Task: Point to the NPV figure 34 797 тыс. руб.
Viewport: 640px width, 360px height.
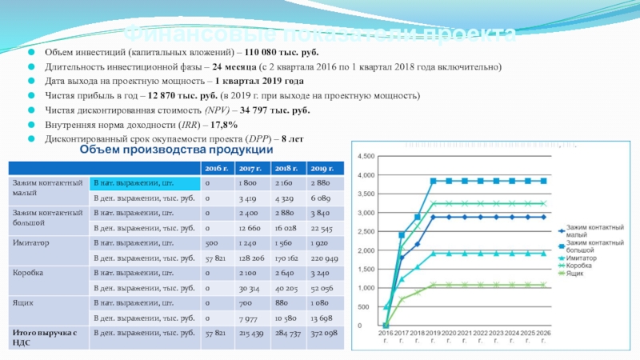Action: (x=271, y=110)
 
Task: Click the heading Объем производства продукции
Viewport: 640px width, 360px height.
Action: (x=177, y=150)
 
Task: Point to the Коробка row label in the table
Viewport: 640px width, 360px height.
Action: (x=28, y=273)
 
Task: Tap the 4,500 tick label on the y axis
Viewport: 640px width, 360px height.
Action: (x=366, y=156)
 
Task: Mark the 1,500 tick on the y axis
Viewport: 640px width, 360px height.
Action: (x=366, y=269)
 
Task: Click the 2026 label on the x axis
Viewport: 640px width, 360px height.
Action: (x=542, y=336)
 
